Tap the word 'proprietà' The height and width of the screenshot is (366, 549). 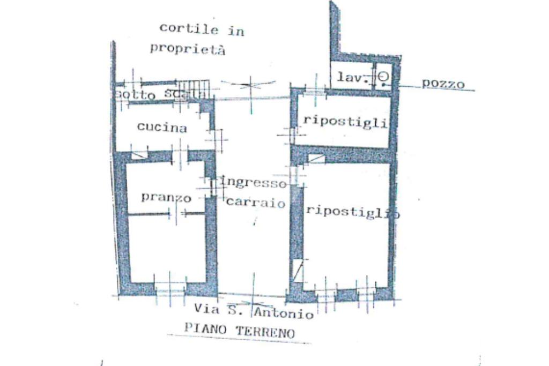click(x=187, y=49)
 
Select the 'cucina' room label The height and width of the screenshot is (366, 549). click(x=162, y=128)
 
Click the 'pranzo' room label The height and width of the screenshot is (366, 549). click(x=166, y=197)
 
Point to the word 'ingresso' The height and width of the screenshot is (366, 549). click(x=254, y=183)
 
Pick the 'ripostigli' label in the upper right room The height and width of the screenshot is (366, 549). click(x=345, y=121)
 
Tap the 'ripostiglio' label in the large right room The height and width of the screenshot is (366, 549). click(x=352, y=210)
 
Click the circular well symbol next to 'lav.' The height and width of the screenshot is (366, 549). click(x=383, y=77)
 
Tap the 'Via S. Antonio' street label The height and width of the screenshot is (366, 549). click(x=254, y=311)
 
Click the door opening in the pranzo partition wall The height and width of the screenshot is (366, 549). click(x=176, y=214)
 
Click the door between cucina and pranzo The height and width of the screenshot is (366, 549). click(x=181, y=155)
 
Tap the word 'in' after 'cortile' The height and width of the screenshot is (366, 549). click(x=236, y=31)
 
